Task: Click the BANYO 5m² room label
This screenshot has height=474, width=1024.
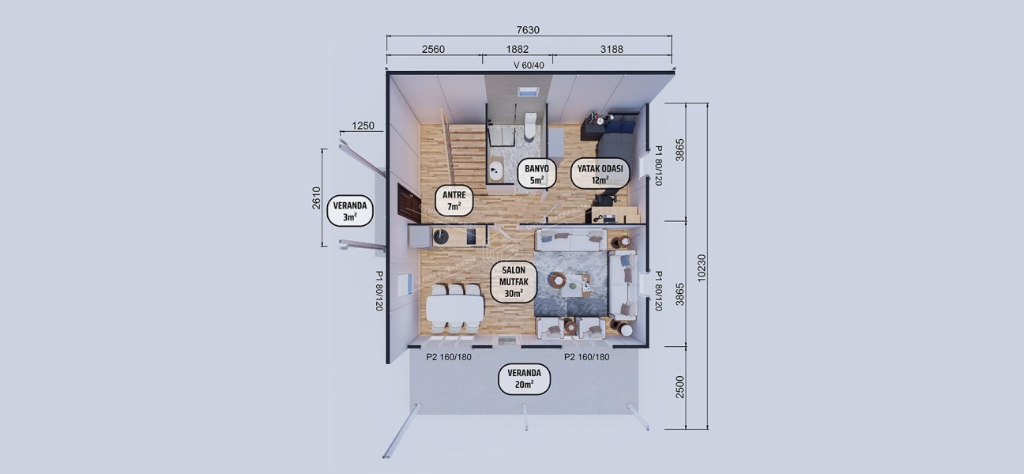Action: pyautogui.click(x=536, y=174)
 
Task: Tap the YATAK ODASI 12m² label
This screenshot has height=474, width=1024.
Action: pyautogui.click(x=600, y=174)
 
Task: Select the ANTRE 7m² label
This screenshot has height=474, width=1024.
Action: pyautogui.click(x=454, y=201)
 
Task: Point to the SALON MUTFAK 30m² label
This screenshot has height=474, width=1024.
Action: pyautogui.click(x=514, y=282)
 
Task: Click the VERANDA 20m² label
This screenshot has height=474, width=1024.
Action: pyautogui.click(x=524, y=379)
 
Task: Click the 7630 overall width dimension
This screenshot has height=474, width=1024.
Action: pyautogui.click(x=528, y=30)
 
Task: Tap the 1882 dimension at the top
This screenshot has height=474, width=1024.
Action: pyautogui.click(x=518, y=49)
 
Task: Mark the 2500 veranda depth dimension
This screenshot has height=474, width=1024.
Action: pyautogui.click(x=680, y=387)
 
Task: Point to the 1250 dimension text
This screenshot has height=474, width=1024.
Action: pyautogui.click(x=363, y=126)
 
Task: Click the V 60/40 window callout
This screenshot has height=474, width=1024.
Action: pyautogui.click(x=529, y=65)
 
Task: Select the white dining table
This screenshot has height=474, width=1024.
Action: pyautogui.click(x=454, y=307)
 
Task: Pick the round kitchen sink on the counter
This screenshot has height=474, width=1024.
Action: pyautogui.click(x=440, y=235)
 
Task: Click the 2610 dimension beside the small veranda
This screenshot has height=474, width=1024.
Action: pyautogui.click(x=315, y=198)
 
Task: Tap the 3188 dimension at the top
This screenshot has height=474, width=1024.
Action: pyautogui.click(x=612, y=49)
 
